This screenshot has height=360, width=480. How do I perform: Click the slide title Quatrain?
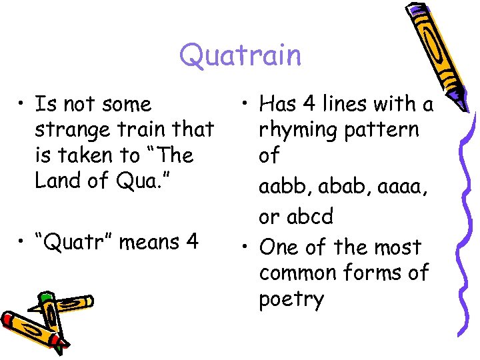[x=240, y=55]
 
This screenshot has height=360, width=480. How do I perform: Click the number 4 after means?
[x=192, y=241]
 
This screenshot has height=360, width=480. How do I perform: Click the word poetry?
[x=291, y=299]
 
